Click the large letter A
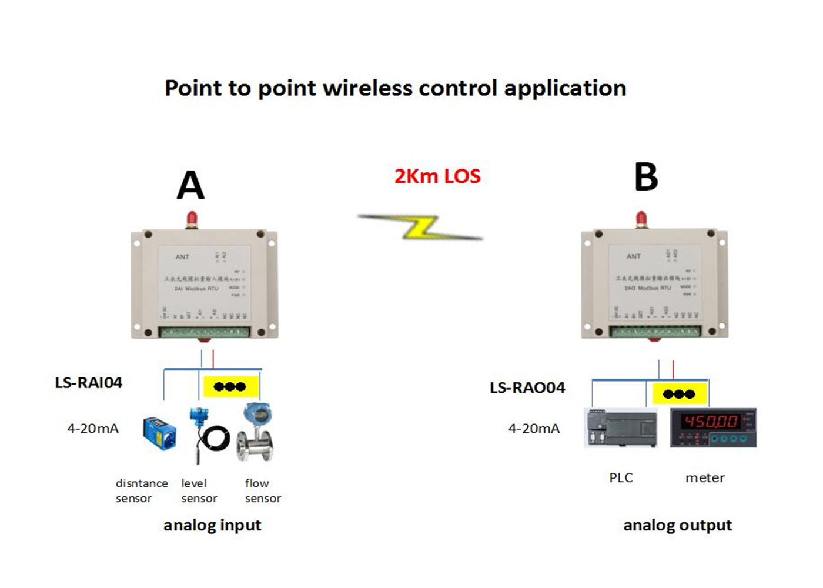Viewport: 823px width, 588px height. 190,186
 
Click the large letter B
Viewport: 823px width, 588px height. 646,177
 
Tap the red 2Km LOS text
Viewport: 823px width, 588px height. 437,176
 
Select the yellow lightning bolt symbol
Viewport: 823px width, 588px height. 421,227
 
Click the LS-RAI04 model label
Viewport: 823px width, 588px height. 89,383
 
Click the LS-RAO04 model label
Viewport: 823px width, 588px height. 527,388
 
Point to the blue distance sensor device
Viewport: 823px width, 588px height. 159,434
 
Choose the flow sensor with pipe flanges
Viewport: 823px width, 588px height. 256,433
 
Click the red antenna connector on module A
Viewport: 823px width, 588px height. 191,219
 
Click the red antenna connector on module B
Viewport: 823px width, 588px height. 641,219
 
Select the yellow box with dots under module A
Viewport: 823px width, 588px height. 230,386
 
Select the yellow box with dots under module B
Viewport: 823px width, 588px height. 679,394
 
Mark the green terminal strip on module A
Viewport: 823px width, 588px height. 205,332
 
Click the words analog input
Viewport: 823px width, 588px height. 212,525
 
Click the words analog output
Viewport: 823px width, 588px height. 677,525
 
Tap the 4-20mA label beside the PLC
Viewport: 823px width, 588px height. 534,429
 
